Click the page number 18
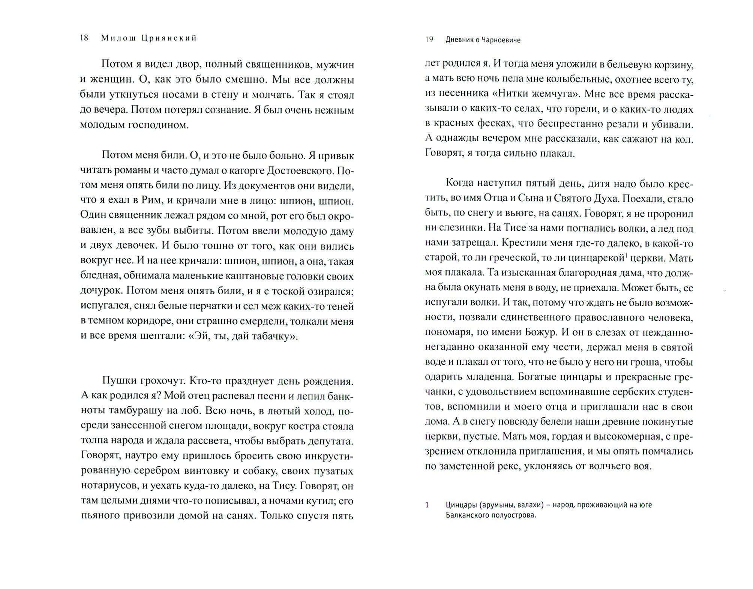84,38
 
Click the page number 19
429,40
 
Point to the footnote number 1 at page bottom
427,505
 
